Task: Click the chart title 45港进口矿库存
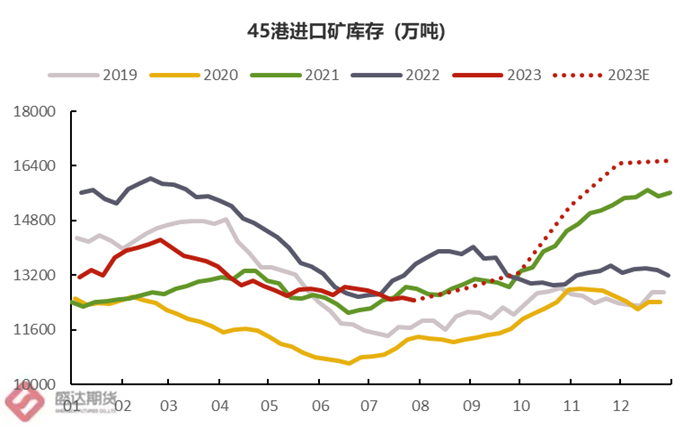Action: (346, 32)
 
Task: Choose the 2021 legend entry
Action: (320, 75)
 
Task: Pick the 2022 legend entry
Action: (421, 75)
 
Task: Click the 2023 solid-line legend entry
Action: (524, 75)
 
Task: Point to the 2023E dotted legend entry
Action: (629, 75)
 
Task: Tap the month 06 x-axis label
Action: (320, 406)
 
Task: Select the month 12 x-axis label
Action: (621, 406)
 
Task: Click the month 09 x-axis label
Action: (471, 406)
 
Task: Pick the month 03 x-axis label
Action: (169, 406)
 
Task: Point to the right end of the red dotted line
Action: (667, 160)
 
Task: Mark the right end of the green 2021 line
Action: (670, 193)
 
